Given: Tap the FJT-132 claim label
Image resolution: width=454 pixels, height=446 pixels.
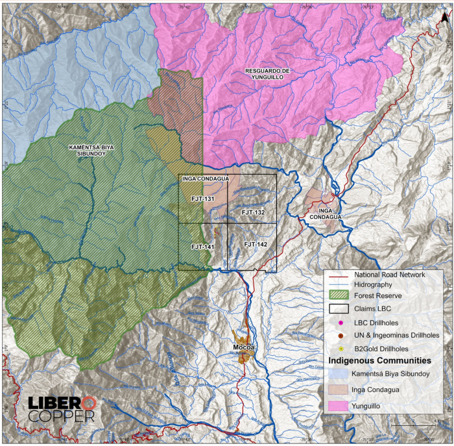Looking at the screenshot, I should [x=252, y=212].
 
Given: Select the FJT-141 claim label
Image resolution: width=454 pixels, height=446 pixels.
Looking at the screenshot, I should [x=202, y=247].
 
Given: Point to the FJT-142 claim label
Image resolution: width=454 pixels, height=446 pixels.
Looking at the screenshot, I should [x=256, y=243].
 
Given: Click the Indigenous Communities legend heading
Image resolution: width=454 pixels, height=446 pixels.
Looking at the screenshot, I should [x=379, y=360].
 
